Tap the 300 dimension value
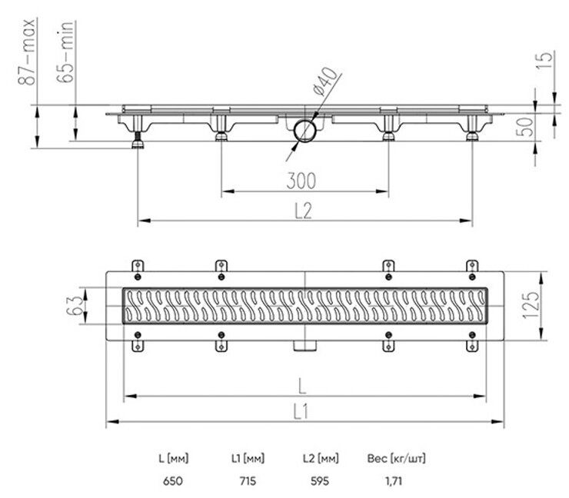pyautogui.click(x=301, y=181)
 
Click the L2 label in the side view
pyautogui.click(x=303, y=211)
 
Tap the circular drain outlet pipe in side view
pyautogui.click(x=304, y=129)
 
